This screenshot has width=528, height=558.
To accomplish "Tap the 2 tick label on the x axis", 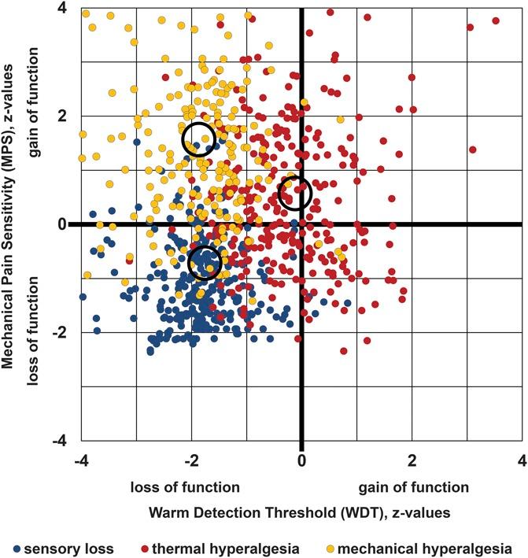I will tap(411, 459).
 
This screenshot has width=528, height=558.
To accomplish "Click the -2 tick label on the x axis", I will tap(188, 459).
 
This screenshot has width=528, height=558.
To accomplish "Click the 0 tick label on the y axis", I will tap(61, 225).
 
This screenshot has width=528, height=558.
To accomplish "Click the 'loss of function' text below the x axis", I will tap(186, 486).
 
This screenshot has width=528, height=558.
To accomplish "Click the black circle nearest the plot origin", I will tap(295, 193).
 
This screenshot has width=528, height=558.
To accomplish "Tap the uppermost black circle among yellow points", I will tap(198, 138).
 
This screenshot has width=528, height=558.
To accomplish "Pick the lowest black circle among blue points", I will tap(205, 263).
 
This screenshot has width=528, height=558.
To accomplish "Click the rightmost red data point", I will tap(496, 20).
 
